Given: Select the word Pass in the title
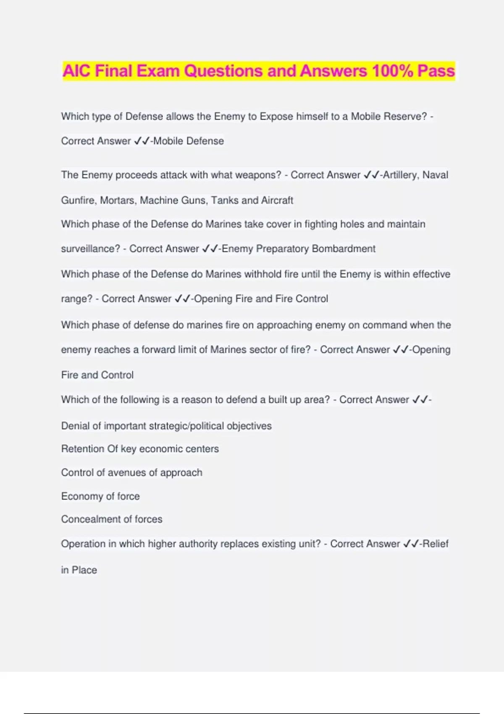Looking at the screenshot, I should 436,71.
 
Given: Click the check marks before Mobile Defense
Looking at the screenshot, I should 142,141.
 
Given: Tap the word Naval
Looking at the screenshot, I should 435,175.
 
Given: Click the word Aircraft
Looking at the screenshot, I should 277,200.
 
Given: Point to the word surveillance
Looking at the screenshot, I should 90,249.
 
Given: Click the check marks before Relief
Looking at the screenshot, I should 410,544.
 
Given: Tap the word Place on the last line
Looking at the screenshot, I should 84,570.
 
